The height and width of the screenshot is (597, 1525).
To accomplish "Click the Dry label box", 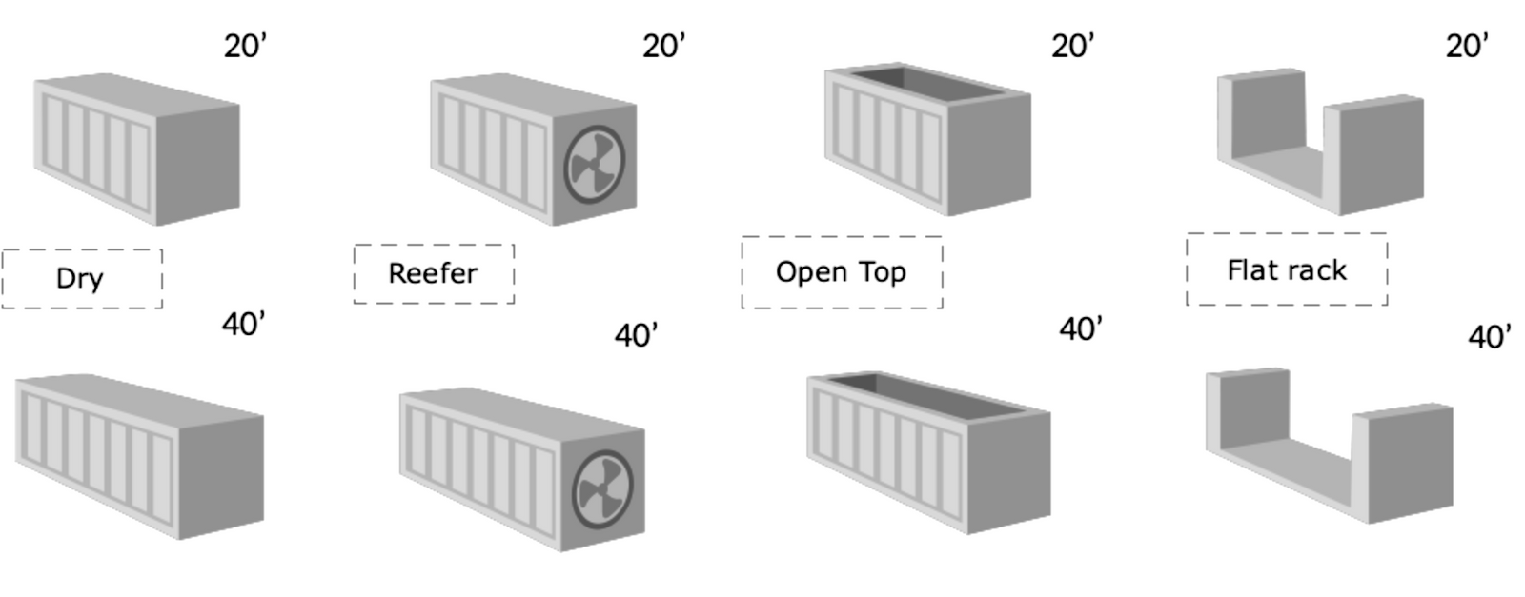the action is [82, 279].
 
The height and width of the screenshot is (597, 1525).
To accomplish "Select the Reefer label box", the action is [435, 274].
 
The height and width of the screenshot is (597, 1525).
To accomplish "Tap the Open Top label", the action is [843, 272].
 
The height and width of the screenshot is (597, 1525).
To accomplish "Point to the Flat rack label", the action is [1287, 270].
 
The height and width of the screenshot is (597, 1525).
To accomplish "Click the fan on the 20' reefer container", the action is [595, 165].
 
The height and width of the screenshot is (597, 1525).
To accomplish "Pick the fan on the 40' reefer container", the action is [603, 489].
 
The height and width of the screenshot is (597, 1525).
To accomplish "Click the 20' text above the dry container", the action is [246, 47].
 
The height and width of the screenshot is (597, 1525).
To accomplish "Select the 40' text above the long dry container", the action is [244, 325].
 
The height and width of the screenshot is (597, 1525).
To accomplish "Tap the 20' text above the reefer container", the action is [664, 47].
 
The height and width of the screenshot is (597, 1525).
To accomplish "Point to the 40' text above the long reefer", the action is [637, 336].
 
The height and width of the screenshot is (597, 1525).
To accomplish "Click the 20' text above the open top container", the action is [1073, 47].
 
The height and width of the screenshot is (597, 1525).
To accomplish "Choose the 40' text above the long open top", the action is [1081, 329].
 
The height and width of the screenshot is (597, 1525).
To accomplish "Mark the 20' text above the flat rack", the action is [1467, 47].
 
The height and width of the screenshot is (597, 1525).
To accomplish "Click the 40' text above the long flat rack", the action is [1490, 337].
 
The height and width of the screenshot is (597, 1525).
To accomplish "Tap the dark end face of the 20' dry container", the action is [198, 165].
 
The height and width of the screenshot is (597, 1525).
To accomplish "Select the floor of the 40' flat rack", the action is [1287, 470].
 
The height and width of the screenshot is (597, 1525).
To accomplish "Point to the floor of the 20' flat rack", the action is [1278, 173].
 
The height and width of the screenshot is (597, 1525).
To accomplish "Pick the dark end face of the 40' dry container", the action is [221, 477].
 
